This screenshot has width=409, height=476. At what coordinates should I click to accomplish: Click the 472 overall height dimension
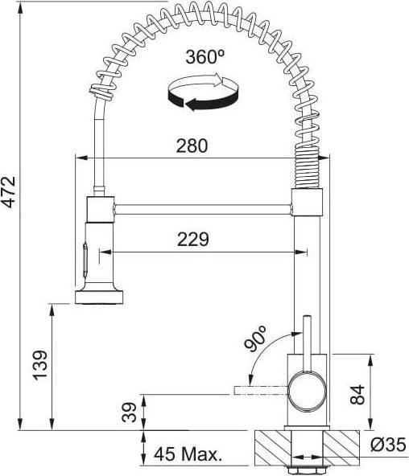(x=8, y=191)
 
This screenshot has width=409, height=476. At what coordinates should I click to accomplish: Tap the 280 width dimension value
(x=192, y=146)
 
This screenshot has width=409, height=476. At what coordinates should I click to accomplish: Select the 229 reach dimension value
(x=193, y=240)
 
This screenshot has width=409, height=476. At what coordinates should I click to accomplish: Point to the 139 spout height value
(x=40, y=365)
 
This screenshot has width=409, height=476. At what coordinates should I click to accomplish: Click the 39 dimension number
(x=129, y=412)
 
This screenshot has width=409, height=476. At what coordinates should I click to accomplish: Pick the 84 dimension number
(x=357, y=395)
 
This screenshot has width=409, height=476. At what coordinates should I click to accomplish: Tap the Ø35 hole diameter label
(x=388, y=445)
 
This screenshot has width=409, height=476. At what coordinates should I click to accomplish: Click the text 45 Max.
(x=188, y=454)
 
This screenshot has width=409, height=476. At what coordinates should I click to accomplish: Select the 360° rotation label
(x=205, y=57)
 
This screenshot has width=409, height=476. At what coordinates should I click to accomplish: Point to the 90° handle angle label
(x=255, y=339)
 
